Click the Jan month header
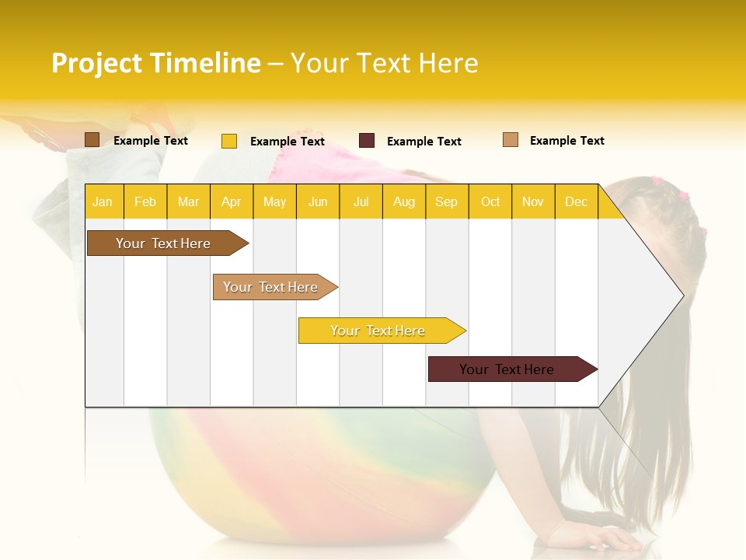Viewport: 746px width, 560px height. click(x=103, y=201)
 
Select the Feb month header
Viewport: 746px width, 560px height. click(x=145, y=201)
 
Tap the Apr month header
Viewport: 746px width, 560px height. click(x=231, y=201)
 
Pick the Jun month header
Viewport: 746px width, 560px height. click(x=318, y=201)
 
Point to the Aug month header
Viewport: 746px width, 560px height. click(x=403, y=201)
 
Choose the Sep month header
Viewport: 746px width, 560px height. click(x=446, y=201)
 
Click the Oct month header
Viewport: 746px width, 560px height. click(x=490, y=201)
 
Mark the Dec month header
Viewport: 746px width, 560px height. click(x=576, y=201)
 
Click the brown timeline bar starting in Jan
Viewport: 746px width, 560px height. click(x=164, y=243)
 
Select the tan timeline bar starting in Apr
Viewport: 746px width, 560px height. click(x=271, y=287)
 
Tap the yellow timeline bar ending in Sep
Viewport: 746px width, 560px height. click(x=378, y=331)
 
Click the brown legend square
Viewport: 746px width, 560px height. click(x=92, y=140)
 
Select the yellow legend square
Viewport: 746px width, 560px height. click(x=229, y=141)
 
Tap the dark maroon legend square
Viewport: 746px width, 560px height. click(x=367, y=141)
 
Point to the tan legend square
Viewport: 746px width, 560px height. click(x=511, y=140)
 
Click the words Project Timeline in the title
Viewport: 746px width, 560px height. click(x=155, y=63)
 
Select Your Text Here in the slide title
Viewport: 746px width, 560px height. click(x=384, y=63)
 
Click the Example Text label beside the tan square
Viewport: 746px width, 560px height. click(x=566, y=141)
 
